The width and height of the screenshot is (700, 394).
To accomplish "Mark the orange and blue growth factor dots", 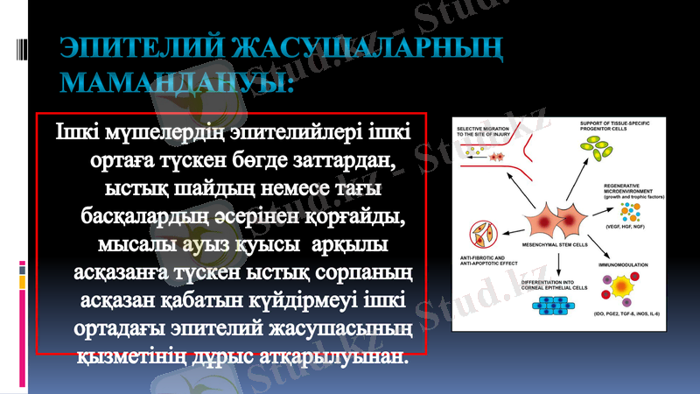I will [x=623, y=210].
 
